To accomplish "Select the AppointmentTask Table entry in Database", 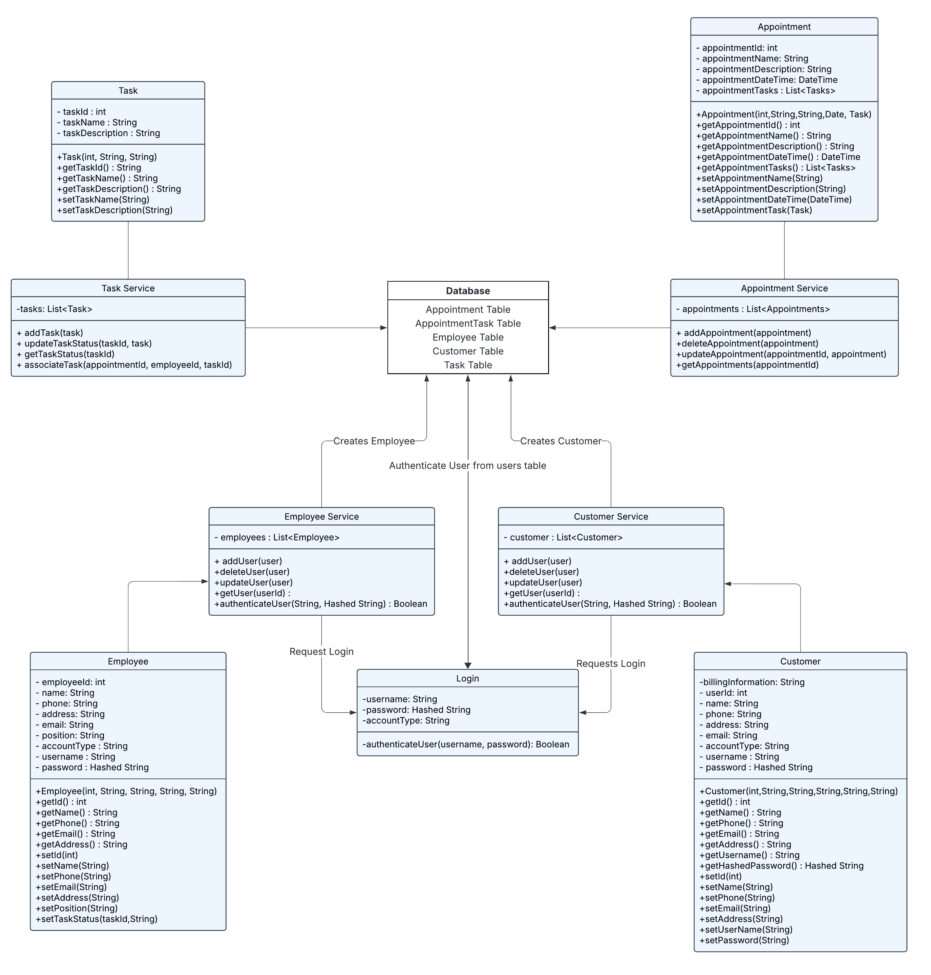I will (468, 323).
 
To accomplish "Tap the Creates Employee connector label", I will (374, 441).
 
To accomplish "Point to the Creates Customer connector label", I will (560, 441).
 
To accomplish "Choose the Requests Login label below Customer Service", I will (610, 664).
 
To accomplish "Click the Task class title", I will (128, 90).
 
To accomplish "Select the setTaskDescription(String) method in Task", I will (115, 210).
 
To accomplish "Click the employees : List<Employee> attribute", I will (277, 537).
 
